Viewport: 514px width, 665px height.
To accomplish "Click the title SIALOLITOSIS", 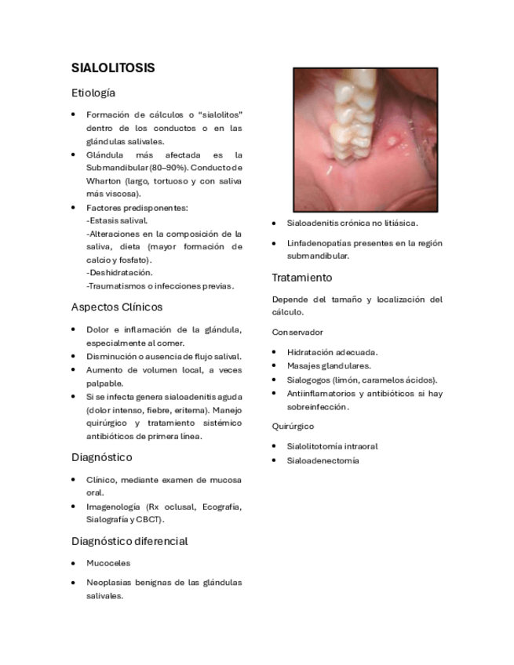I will click(113, 68).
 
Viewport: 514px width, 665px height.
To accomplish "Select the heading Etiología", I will click(93, 93).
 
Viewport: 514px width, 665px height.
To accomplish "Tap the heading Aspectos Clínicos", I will click(117, 307).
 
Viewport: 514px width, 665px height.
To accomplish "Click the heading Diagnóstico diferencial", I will click(129, 541).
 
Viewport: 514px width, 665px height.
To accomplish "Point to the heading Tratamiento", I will click(302, 278).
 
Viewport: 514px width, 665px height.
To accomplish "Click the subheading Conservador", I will click(297, 332).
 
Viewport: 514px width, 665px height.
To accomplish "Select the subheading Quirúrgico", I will click(293, 426).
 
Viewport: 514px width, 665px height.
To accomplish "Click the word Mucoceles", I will click(108, 563).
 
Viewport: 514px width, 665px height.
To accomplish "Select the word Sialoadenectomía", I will click(323, 460).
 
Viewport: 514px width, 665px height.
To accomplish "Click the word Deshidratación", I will click(120, 272).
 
